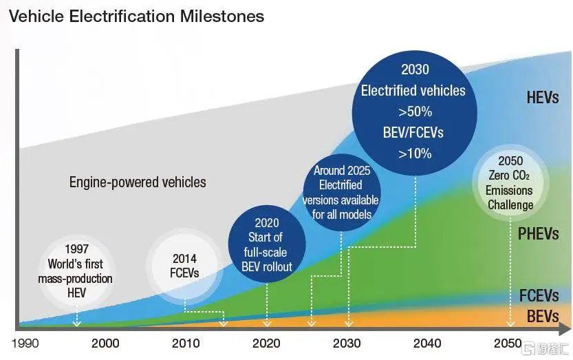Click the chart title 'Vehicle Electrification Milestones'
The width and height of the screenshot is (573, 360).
[x=136, y=16]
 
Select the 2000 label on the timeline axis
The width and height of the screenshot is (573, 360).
[x=105, y=343]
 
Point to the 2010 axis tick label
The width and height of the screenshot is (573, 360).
[x=186, y=343]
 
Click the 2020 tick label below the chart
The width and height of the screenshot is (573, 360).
[x=267, y=343]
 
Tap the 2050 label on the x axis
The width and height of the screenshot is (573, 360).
[x=508, y=343]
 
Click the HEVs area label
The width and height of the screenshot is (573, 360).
[x=543, y=97]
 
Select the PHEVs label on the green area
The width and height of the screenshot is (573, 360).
[x=539, y=234]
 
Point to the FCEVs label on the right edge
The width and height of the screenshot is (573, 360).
[x=539, y=297]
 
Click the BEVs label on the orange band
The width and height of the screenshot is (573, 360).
[x=543, y=317]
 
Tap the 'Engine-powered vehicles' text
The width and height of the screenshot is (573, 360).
[x=138, y=182]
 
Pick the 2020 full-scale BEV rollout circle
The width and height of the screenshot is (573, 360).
[x=268, y=244]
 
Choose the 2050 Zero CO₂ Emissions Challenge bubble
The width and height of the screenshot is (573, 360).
[x=510, y=182]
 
